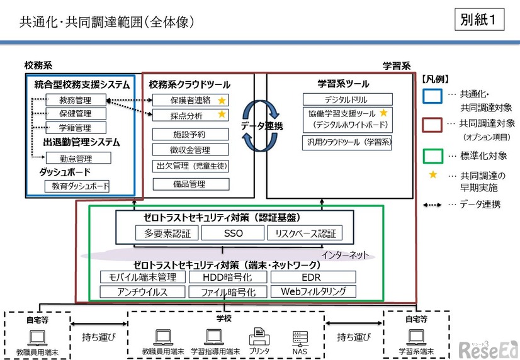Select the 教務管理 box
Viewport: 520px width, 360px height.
click(x=76, y=100)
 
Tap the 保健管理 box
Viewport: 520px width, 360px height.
click(x=76, y=114)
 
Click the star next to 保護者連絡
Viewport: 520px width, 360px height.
click(x=222, y=100)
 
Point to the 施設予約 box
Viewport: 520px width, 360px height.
click(x=190, y=134)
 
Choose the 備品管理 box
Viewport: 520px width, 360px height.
click(x=190, y=184)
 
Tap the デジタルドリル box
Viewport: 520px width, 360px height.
click(x=347, y=99)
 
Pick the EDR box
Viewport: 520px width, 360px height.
click(x=313, y=277)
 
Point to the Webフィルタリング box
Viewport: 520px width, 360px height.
click(x=313, y=291)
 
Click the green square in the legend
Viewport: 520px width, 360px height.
click(x=432, y=155)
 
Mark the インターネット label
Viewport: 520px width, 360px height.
click(x=344, y=255)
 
